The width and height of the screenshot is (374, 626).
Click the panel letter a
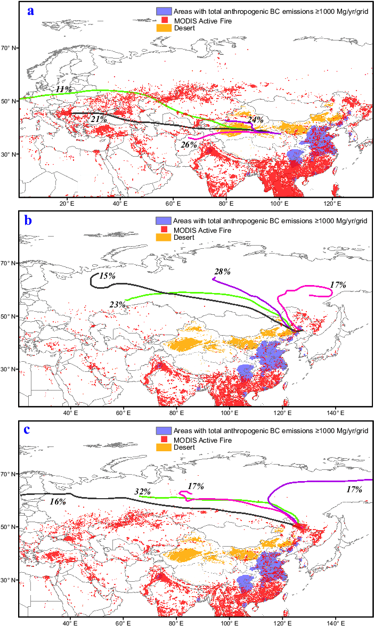pyautogui.click(x=31, y=11)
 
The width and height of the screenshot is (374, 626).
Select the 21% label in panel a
pyautogui.click(x=99, y=119)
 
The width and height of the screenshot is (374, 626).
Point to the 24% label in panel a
pyautogui.click(x=256, y=120)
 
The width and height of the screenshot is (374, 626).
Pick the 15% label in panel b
pyautogui.click(x=107, y=276)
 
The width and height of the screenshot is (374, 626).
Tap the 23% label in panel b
pyautogui.click(x=117, y=305)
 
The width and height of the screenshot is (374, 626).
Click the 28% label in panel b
pyautogui.click(x=222, y=272)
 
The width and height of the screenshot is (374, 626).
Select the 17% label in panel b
pyautogui.click(x=338, y=285)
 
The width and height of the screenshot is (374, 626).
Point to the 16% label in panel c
pyautogui.click(x=58, y=501)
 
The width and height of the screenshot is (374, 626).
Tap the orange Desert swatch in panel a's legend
pyautogui.click(x=163, y=28)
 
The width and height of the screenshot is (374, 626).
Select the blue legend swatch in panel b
pyautogui.click(x=163, y=220)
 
